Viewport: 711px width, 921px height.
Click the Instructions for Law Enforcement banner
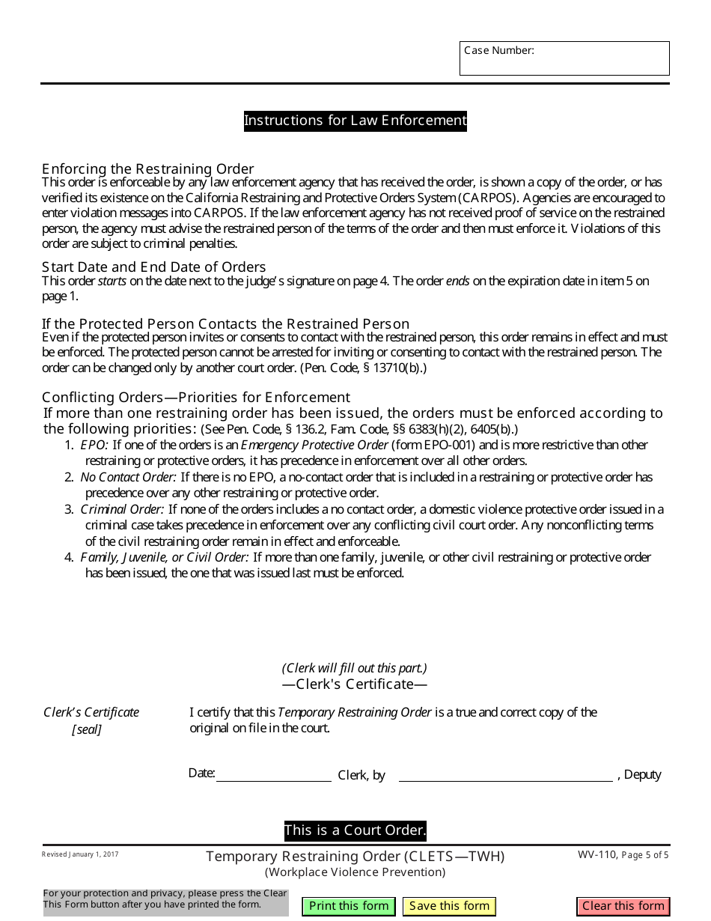click(355, 121)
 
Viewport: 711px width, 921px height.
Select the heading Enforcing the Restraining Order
click(148, 168)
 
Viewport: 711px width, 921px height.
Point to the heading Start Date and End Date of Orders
click(153, 267)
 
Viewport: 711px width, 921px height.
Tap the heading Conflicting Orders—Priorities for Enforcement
click(196, 397)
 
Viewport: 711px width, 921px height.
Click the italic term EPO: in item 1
click(94, 445)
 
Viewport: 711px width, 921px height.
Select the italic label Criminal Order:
click(122, 509)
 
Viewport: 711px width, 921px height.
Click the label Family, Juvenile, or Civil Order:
click(165, 557)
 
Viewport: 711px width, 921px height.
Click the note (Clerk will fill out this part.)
click(354, 668)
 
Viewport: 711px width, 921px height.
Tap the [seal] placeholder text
click(87, 729)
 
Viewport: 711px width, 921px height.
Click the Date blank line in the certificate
click(273, 774)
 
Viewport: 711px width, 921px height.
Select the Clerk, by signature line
click(505, 774)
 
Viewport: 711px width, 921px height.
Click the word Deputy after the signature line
click(642, 774)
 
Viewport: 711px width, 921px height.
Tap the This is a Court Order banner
click(355, 830)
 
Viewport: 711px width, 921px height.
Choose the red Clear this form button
click(623, 906)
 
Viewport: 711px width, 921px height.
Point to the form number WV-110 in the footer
click(597, 854)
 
